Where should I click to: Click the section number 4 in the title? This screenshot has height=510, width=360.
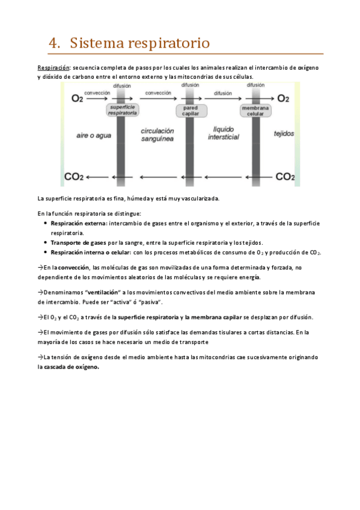coord(53,43)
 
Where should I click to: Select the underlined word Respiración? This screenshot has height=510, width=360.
coord(53,67)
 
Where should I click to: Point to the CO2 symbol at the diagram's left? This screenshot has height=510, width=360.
coord(74,177)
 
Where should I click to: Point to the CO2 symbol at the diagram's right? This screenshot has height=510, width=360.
coord(285,177)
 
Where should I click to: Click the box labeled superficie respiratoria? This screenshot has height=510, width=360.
coord(122,109)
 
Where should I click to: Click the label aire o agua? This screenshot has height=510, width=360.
coord(91,136)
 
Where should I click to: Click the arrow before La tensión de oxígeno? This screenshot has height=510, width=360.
coord(40,357)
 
